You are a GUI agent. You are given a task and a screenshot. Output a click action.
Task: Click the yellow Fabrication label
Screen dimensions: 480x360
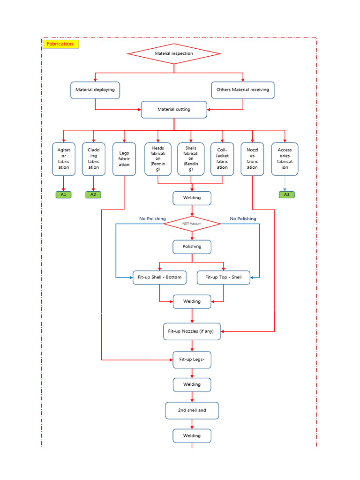(x=60, y=44)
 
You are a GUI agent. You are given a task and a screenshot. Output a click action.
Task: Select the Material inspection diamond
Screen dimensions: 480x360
(x=174, y=53)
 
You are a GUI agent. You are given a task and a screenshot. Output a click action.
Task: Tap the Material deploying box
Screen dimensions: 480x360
(x=95, y=90)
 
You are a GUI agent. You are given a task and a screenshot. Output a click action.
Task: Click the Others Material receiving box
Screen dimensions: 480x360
(x=243, y=90)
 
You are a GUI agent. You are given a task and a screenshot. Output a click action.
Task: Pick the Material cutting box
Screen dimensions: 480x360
(x=174, y=110)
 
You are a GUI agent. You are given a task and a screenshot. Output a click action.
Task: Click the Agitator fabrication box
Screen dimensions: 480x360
(x=64, y=159)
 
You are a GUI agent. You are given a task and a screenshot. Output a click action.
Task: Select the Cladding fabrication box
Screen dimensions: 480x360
(x=94, y=159)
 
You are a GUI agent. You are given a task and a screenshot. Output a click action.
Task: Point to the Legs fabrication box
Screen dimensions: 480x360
(x=124, y=159)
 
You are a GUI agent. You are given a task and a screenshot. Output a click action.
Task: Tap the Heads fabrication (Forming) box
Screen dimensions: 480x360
(x=158, y=159)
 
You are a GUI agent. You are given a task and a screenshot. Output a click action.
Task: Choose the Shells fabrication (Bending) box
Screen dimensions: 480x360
(x=191, y=159)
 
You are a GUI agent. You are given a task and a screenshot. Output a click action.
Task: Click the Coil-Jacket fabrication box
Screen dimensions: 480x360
(x=222, y=159)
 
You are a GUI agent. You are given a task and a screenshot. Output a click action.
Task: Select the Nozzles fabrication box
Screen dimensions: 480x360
(x=252, y=159)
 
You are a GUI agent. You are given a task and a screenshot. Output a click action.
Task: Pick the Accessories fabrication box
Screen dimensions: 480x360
(x=285, y=159)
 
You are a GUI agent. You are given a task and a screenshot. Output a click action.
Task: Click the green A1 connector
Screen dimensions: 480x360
(x=63, y=195)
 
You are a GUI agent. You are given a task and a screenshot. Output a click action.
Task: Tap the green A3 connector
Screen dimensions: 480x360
(x=287, y=195)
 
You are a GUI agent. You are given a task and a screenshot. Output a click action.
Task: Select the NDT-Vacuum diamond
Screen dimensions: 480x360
(x=192, y=224)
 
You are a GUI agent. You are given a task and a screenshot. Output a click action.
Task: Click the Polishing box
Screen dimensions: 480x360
(x=192, y=247)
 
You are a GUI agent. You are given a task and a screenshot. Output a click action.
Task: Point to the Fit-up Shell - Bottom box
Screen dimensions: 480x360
(x=160, y=277)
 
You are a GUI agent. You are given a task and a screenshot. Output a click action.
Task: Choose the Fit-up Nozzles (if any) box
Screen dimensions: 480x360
(x=192, y=331)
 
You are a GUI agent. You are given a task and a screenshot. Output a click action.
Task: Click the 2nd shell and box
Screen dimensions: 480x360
(x=192, y=411)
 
